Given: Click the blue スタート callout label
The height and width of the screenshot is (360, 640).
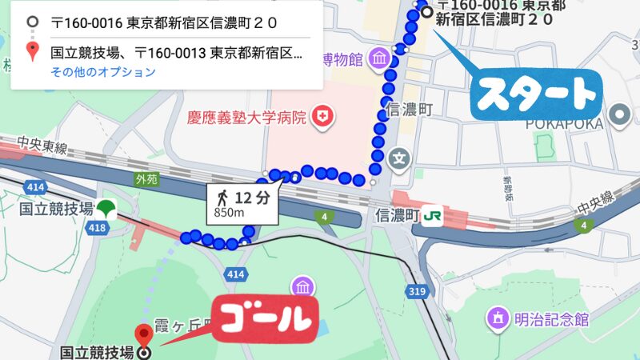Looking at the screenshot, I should pyautogui.click(x=535, y=95).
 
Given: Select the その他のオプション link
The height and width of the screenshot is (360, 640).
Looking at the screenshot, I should pyautogui.click(x=102, y=73).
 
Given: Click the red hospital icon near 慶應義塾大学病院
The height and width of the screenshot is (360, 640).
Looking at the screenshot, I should pyautogui.click(x=323, y=118).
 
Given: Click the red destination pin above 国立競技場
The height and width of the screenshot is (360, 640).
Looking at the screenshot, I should pyautogui.click(x=144, y=334).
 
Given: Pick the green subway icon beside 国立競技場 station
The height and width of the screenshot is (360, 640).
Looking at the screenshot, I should pyautogui.click(x=106, y=210).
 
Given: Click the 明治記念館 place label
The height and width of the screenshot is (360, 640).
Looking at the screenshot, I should pyautogui.click(x=552, y=320).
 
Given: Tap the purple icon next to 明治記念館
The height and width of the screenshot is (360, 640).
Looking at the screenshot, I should pyautogui.click(x=498, y=319).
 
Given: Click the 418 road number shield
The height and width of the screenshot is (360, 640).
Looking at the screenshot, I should pyautogui.click(x=98, y=229).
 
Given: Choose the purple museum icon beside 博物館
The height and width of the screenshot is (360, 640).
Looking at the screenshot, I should pyautogui.click(x=379, y=58).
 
